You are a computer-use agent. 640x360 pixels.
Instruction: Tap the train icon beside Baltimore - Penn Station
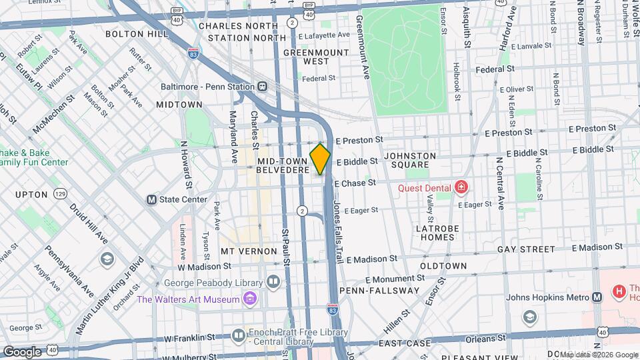pyautogui.click(x=263, y=87)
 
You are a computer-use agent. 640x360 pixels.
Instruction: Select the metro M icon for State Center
pyautogui.click(x=151, y=199)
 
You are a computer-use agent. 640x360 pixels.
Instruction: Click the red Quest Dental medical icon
pyautogui.click(x=460, y=188)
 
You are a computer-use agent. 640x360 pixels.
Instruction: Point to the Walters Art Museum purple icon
pyautogui.click(x=249, y=299)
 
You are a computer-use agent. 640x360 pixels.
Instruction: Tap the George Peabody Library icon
pyautogui.click(x=273, y=281)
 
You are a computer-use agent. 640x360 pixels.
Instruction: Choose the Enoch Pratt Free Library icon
pyautogui.click(x=239, y=337)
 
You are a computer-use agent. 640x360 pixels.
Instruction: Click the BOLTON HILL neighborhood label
pyautogui.click(x=137, y=33)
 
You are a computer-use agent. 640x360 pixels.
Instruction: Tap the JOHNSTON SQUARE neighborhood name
pyautogui.click(x=410, y=161)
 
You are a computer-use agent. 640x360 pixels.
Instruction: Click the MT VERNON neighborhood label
pyautogui.click(x=249, y=251)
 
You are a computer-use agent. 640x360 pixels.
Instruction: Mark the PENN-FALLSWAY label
pyautogui.click(x=379, y=291)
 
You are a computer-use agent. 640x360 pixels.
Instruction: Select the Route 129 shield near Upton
pyautogui.click(x=61, y=194)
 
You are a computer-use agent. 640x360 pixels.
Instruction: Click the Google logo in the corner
pyautogui.click(x=22, y=351)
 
